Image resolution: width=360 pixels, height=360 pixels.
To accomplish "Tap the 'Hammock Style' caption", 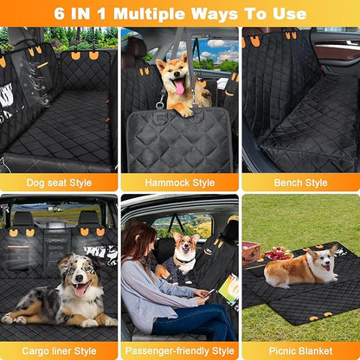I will (x=179, y=183).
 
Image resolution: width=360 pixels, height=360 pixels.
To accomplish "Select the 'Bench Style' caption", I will (x=299, y=183).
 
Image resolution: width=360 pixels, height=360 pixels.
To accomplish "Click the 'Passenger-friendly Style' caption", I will (x=179, y=350).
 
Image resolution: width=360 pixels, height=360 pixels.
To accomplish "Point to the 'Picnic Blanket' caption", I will (x=299, y=350).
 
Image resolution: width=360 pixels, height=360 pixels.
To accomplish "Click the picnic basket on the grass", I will (x=251, y=251).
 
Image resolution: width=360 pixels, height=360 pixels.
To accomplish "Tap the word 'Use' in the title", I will (x=286, y=14).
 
